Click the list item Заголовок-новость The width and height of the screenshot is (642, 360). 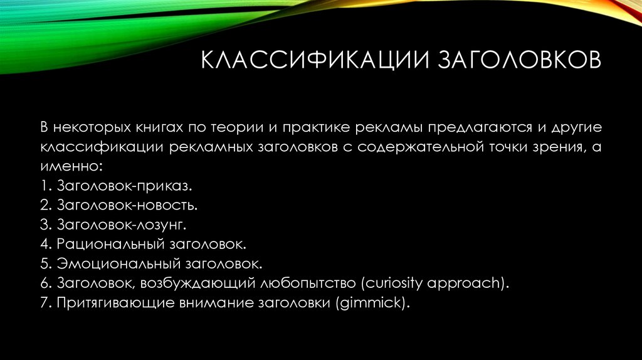coord(129,204)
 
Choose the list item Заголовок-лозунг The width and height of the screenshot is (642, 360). coord(124,223)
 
